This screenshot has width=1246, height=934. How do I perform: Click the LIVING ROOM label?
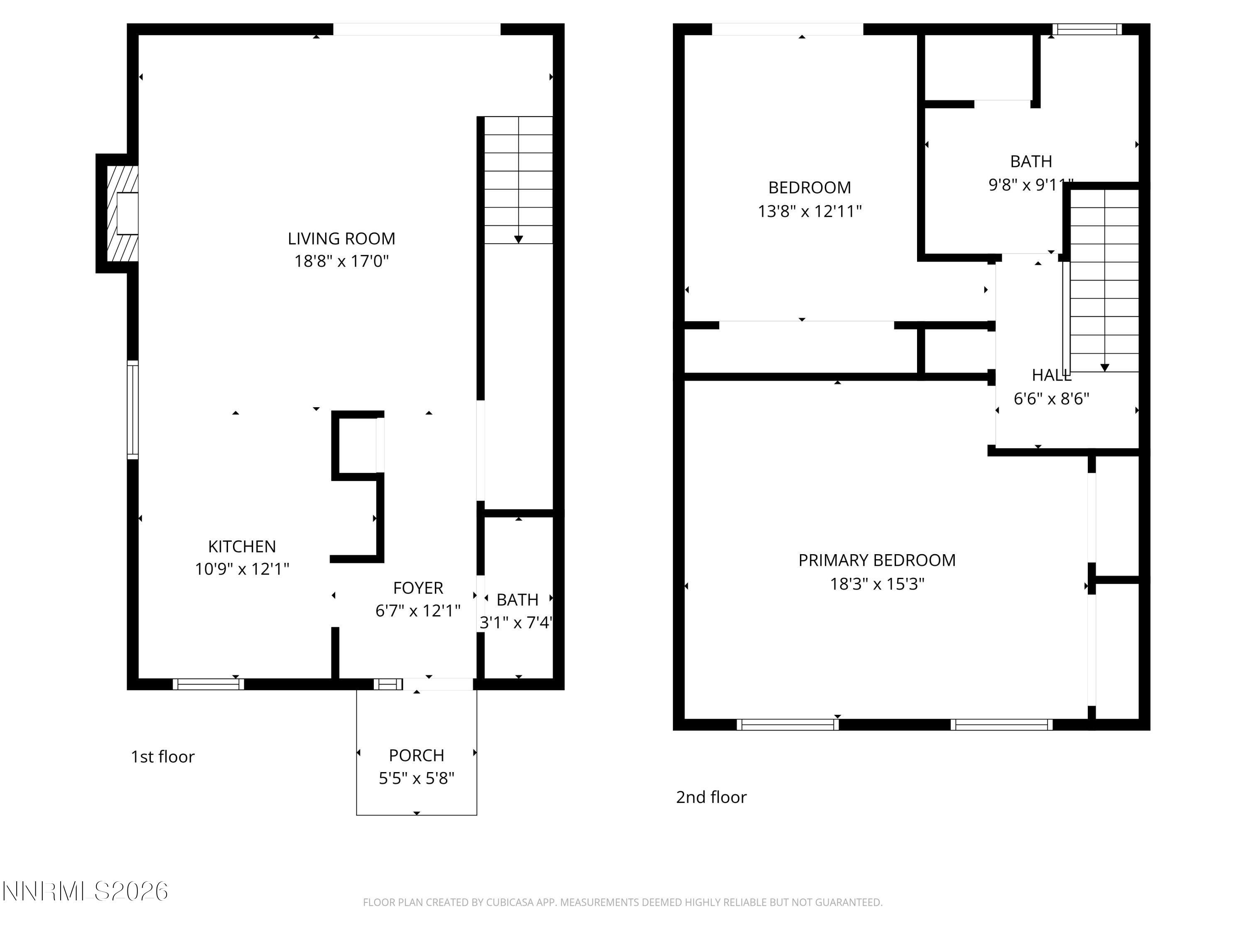(341, 239)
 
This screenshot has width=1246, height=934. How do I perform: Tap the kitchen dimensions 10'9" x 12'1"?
(242, 569)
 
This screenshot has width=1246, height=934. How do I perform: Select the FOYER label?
(418, 588)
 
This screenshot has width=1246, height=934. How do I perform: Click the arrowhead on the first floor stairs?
(518, 239)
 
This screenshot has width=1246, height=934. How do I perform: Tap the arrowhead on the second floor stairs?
(1105, 368)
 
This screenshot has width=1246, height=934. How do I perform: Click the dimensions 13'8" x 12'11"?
(809, 211)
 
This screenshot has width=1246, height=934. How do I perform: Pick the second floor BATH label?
(1031, 161)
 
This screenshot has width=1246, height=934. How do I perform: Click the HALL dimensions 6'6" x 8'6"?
(1051, 399)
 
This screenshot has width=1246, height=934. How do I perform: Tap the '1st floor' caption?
(163, 757)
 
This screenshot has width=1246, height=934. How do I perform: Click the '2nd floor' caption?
(711, 797)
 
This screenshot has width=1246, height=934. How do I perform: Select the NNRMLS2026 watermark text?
(85, 891)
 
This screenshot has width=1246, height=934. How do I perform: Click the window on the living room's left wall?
(132, 410)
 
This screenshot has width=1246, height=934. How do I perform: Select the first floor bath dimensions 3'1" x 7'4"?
(515, 623)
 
